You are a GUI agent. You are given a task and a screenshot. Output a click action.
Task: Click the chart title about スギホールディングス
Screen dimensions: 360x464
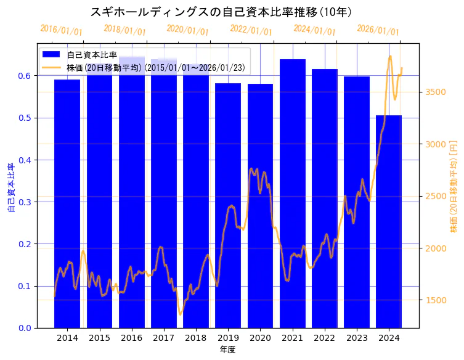tap(221, 12)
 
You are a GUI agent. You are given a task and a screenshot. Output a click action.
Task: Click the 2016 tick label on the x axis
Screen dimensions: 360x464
tap(131, 338)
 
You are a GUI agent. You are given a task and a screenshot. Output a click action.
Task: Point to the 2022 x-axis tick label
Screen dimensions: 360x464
tap(325, 338)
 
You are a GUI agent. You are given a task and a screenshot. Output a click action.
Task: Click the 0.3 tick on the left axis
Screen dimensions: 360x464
tap(25, 202)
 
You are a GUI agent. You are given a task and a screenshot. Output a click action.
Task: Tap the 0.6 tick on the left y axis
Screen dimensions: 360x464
tap(25, 76)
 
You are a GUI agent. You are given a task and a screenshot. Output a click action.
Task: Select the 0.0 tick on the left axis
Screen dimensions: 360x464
tap(25, 328)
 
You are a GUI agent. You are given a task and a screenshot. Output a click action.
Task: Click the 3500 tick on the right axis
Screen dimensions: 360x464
tap(436, 92)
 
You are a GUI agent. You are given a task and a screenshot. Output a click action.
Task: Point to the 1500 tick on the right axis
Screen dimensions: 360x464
tap(436, 300)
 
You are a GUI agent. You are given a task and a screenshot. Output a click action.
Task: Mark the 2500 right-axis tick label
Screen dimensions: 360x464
tap(436, 196)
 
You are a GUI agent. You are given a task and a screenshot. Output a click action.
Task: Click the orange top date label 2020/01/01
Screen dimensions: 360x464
tap(188, 31)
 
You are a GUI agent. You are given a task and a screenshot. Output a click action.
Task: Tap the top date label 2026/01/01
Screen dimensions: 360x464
tap(378, 31)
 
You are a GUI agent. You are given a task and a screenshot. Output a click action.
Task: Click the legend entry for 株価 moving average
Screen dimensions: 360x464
tap(154, 67)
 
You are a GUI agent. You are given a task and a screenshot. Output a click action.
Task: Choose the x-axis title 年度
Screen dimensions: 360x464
tap(227, 350)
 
